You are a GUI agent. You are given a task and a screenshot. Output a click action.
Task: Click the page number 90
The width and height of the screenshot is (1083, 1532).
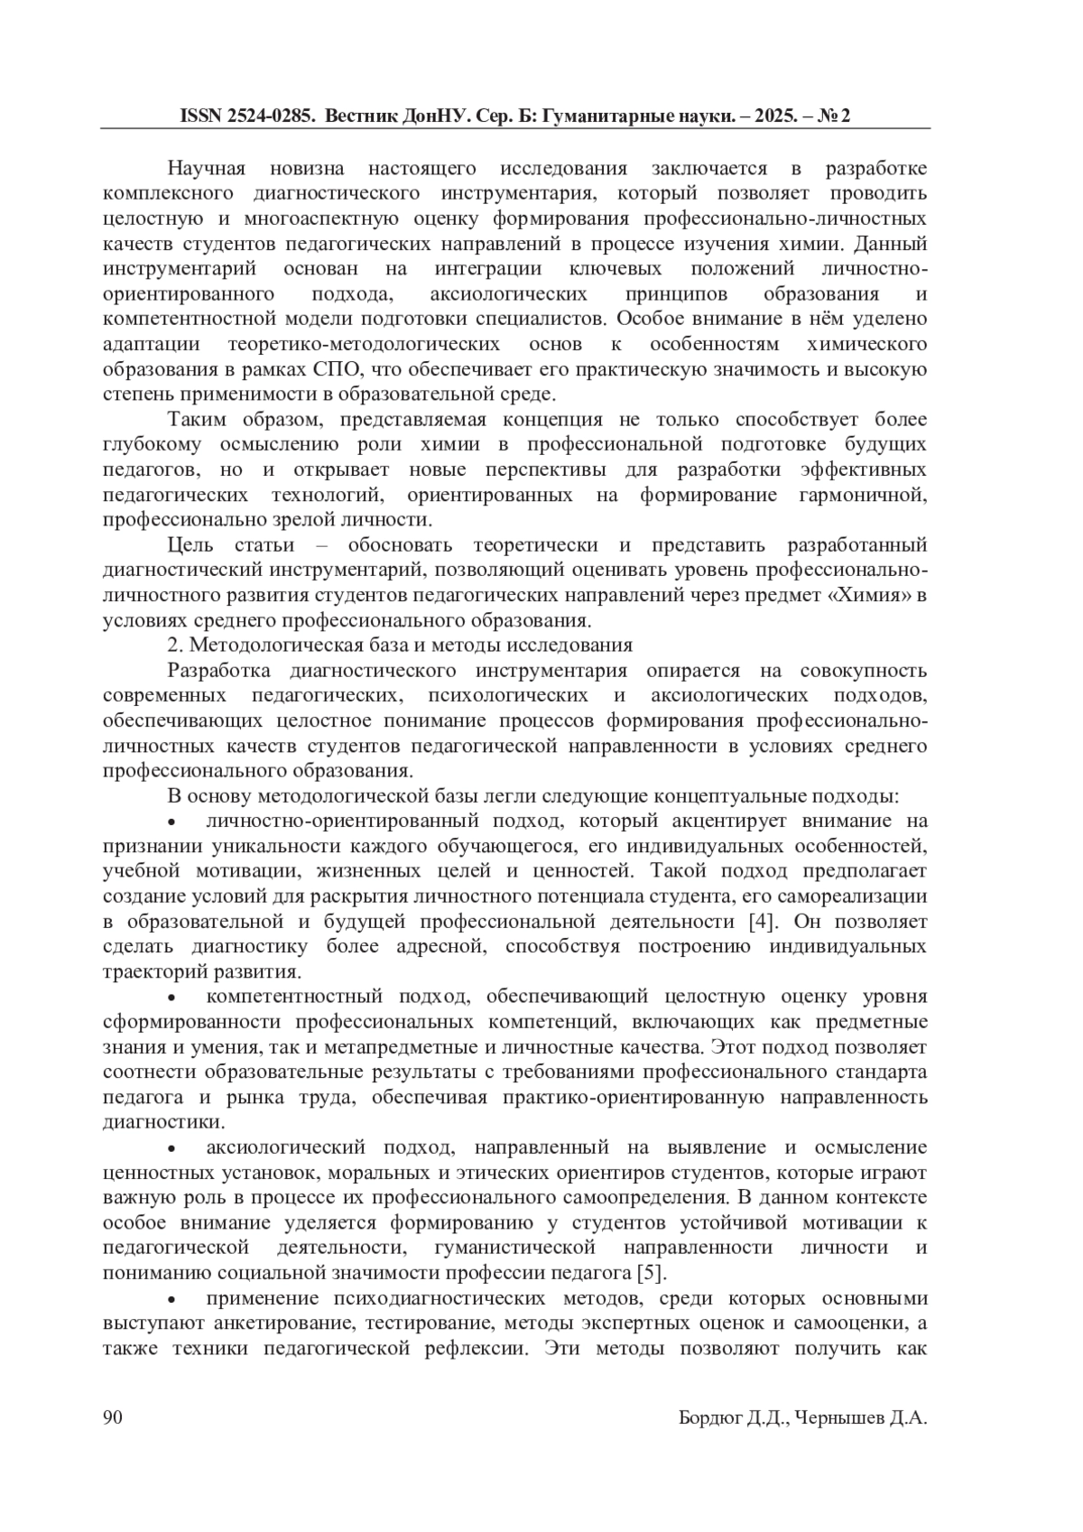tap(113, 1418)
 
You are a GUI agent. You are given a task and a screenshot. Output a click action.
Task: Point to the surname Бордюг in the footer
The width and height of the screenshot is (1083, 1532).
tap(710, 1419)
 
